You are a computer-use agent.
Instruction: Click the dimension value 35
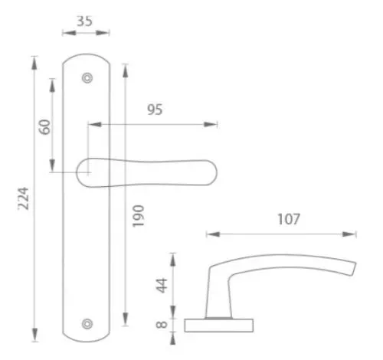pyautogui.click(x=84, y=21)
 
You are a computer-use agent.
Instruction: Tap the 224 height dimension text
pyautogui.click(x=23, y=198)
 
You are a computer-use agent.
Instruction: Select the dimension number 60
pyautogui.click(x=44, y=127)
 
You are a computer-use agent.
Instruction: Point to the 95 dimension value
pyautogui.click(x=155, y=110)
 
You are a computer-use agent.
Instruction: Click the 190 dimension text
pyautogui.click(x=138, y=216)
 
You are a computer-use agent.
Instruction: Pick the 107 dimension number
pyautogui.click(x=289, y=219)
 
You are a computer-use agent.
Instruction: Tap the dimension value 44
pyautogui.click(x=162, y=286)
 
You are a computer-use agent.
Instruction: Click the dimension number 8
pyautogui.click(x=162, y=325)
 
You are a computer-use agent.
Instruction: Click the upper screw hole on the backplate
pyautogui.click(x=87, y=78)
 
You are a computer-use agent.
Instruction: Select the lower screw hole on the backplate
pyautogui.click(x=87, y=324)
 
